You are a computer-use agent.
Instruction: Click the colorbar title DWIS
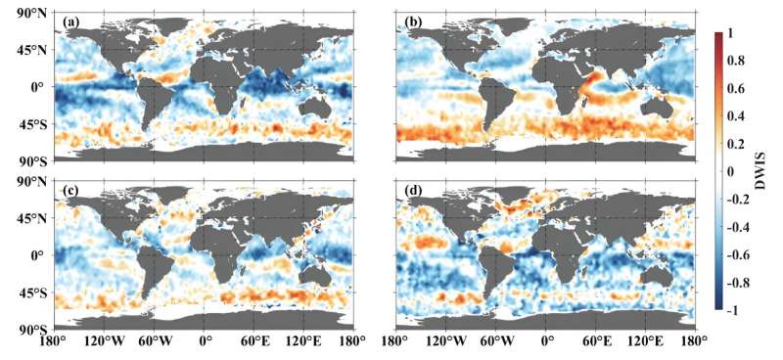click(759, 172)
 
